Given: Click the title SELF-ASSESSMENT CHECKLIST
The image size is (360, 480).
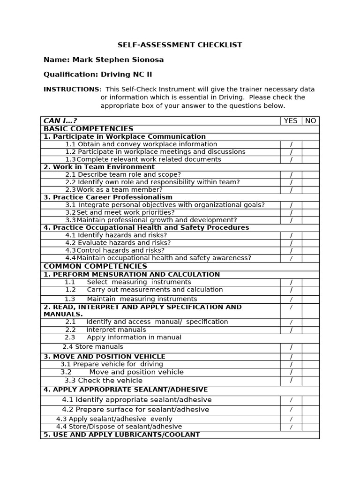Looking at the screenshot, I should [x=180, y=45].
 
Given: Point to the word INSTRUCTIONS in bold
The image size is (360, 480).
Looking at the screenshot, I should [x=71, y=89].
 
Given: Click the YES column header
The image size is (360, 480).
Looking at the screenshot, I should [x=291, y=120].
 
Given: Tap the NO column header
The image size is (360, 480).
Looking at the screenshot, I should [x=310, y=120].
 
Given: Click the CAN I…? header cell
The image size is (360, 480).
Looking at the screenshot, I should [x=60, y=120].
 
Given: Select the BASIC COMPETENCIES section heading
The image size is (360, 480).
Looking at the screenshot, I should [x=88, y=128].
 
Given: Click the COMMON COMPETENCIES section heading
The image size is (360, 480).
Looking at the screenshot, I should [x=95, y=266].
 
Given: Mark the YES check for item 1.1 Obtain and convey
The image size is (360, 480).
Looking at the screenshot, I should [x=291, y=144].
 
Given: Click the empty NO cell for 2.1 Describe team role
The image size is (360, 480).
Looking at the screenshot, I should [x=310, y=174].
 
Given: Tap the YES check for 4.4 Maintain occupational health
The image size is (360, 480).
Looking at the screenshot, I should [x=291, y=258].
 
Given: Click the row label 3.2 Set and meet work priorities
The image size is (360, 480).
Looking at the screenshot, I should [x=120, y=212].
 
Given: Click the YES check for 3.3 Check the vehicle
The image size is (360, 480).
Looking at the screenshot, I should [x=291, y=381].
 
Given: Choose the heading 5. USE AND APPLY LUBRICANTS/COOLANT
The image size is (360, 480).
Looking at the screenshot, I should [x=121, y=435].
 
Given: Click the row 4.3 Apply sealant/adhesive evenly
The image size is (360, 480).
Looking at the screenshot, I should [x=114, y=419].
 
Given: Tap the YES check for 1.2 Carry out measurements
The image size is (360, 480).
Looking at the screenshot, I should [x=291, y=290].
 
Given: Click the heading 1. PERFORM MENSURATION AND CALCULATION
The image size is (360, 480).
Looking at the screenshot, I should [x=132, y=274].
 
